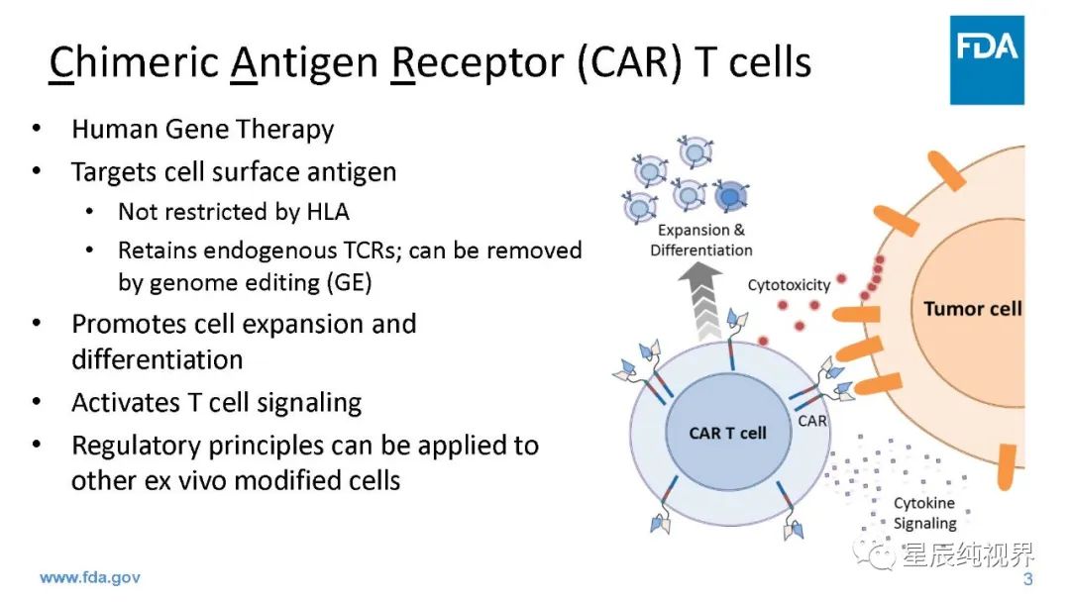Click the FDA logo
click(x=987, y=58)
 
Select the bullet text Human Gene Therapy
click(x=202, y=130)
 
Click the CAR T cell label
click(x=727, y=433)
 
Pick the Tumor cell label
click(x=972, y=308)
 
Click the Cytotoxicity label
click(x=789, y=285)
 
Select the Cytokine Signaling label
click(x=925, y=513)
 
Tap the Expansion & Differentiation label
click(x=700, y=241)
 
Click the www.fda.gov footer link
click(x=90, y=577)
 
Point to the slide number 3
click(x=1027, y=579)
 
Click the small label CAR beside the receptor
click(x=812, y=421)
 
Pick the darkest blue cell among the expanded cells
click(x=729, y=196)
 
